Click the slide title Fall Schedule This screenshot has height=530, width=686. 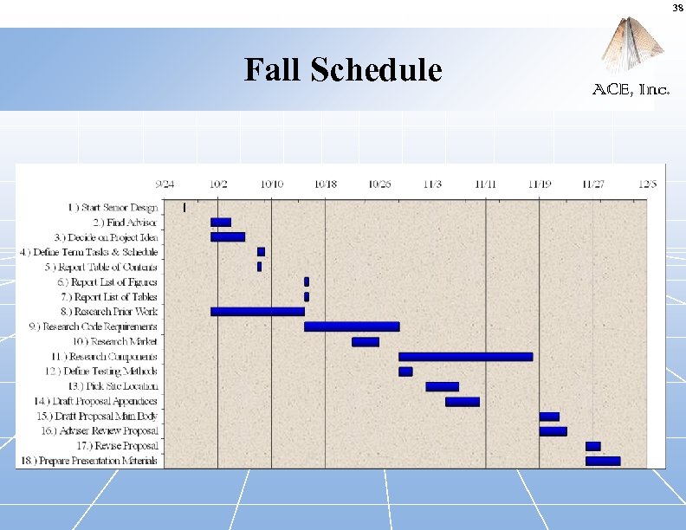coord(343,70)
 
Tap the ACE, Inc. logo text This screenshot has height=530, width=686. coord(630,89)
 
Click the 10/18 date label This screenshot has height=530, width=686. coord(326,184)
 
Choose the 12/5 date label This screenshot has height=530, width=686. coord(647,184)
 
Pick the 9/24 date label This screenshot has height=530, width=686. coord(165,184)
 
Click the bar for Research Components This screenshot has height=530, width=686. coord(465,356)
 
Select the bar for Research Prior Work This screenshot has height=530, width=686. coord(257,311)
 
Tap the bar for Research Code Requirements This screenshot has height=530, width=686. coord(352,326)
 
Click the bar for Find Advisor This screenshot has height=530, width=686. coord(221,222)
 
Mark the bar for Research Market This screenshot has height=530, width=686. coord(365,341)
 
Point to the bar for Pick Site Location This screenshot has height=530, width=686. coord(442,386)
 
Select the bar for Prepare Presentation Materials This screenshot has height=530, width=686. coord(603,461)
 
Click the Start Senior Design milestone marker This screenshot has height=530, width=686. coord(184,207)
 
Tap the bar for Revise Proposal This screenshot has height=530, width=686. coord(592,446)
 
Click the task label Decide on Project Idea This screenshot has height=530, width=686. coord(106,236)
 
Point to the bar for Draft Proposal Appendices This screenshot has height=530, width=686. coord(462,401)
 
